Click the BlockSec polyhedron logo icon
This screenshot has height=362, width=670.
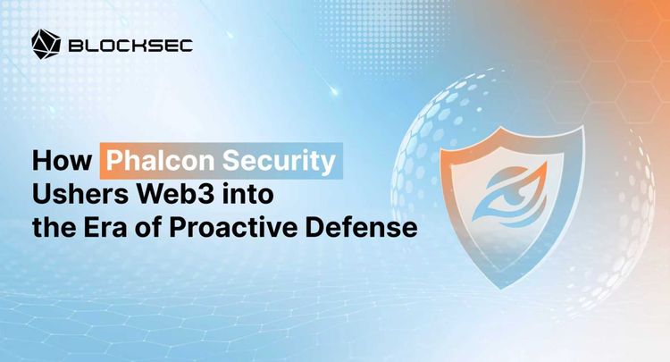(45, 42)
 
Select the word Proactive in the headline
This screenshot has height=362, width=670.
(253, 227)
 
